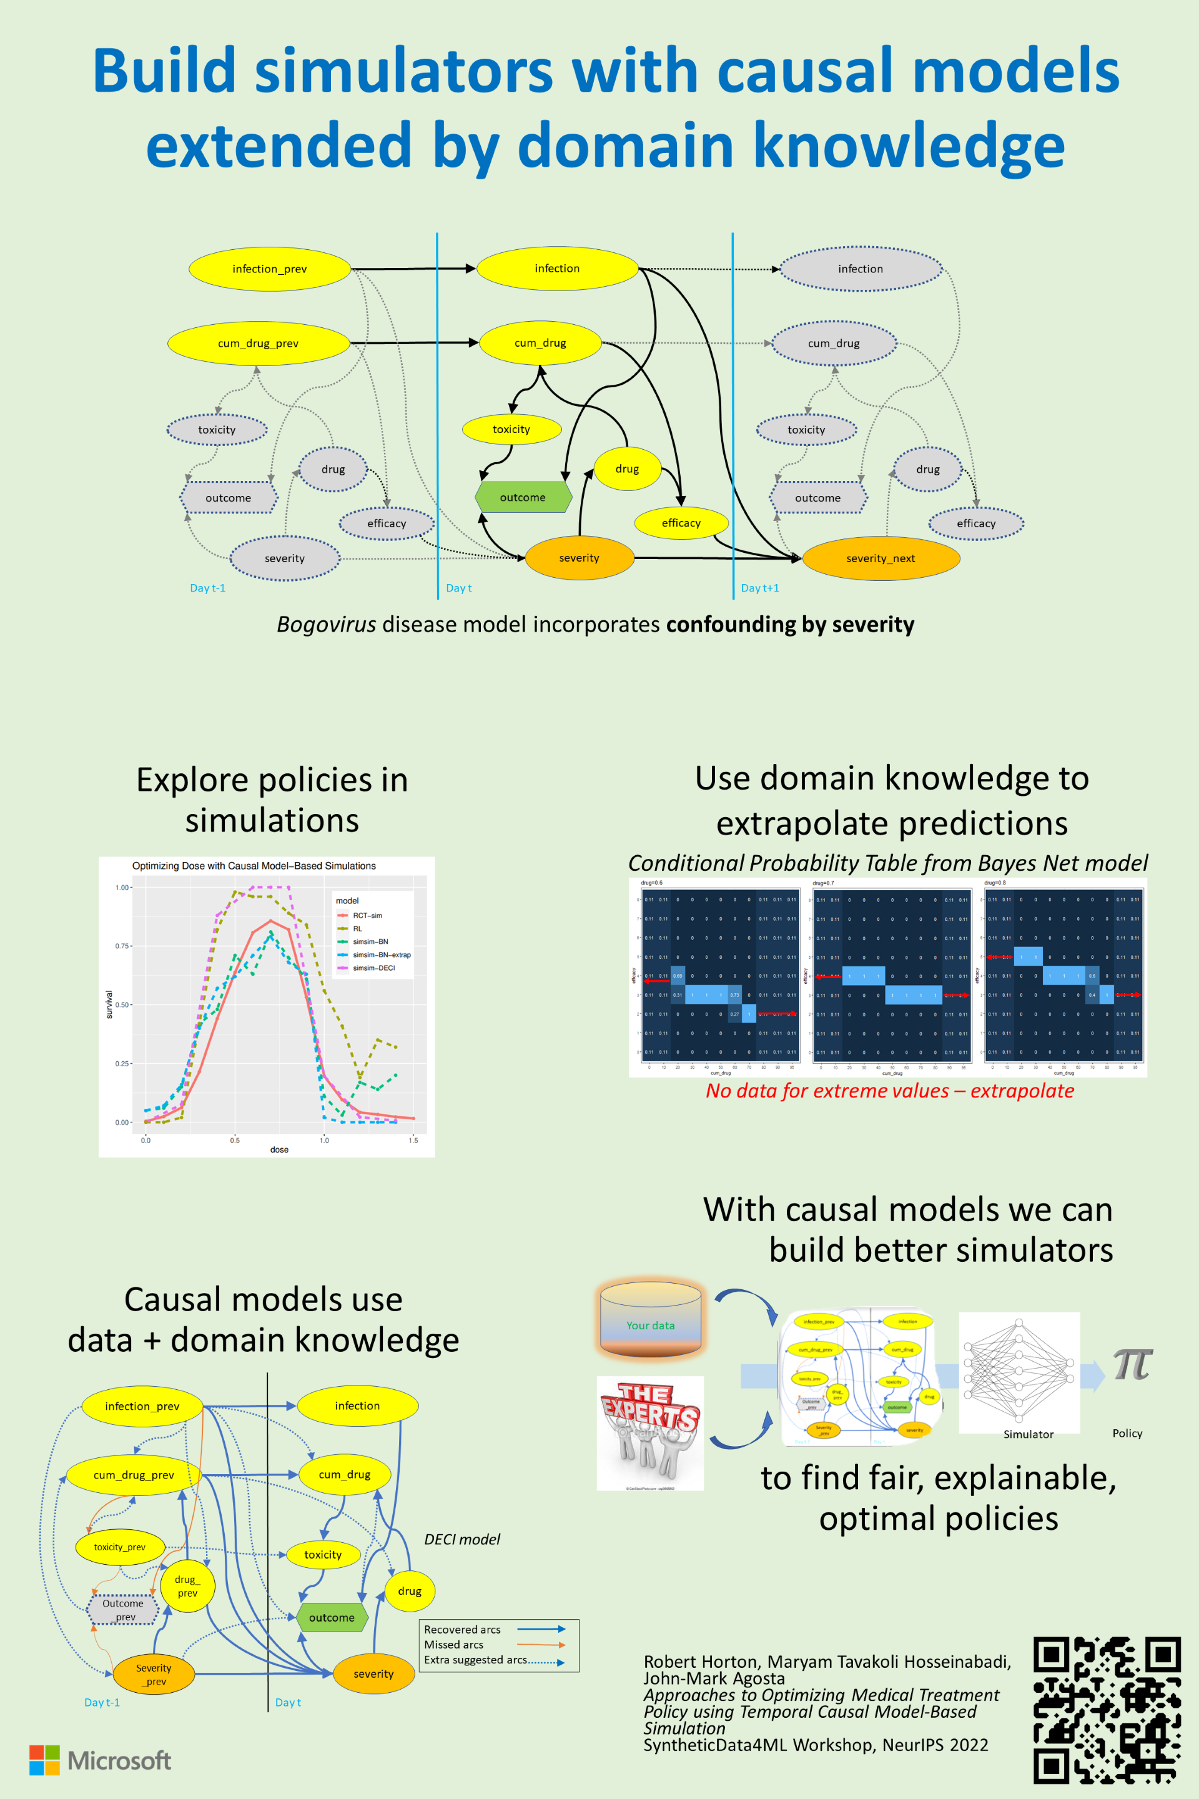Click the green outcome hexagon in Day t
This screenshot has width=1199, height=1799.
[x=523, y=497]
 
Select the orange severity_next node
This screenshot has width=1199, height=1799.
[x=881, y=558]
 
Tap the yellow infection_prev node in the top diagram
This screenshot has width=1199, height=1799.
[x=269, y=269]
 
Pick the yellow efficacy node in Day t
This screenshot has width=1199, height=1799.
[x=681, y=523]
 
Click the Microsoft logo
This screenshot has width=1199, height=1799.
[x=100, y=1760]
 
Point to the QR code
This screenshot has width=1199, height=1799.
[x=1107, y=1710]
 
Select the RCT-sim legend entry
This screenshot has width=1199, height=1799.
[x=367, y=916]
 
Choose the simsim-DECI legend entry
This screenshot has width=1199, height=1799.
[x=373, y=968]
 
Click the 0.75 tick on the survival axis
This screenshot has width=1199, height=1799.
[x=122, y=946]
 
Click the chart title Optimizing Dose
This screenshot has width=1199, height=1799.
[x=254, y=866]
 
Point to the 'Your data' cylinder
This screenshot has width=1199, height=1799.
[x=651, y=1319]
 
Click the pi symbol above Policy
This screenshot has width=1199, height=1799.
[x=1132, y=1364]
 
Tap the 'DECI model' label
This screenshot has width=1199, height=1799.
[x=462, y=1540]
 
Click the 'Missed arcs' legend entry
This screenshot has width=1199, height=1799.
[x=454, y=1645]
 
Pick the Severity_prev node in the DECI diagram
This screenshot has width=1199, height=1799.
[x=154, y=1674]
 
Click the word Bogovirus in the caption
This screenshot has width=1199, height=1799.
[x=327, y=625]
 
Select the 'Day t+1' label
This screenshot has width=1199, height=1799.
[x=760, y=588]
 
